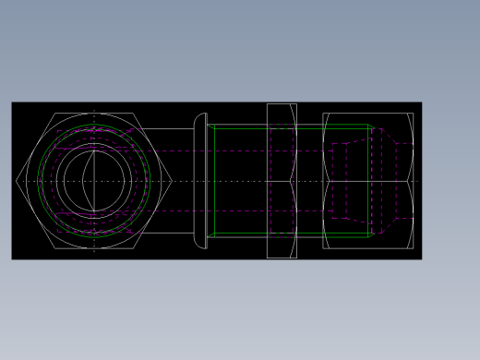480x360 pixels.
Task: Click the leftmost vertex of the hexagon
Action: pos(17,181)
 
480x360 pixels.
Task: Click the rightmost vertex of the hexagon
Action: pos(172,181)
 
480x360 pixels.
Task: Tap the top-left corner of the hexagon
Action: pos(54,114)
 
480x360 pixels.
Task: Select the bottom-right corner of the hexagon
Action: pos(134,249)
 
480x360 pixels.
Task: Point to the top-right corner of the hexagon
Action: pos(134,114)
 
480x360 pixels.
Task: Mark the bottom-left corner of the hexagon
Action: pos(54,249)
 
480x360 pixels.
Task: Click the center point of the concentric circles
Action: pos(94,181)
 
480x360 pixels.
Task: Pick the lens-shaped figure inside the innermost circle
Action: pos(89,181)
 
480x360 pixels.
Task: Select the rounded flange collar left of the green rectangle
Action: pos(200,181)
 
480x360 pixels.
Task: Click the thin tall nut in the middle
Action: pos(282,181)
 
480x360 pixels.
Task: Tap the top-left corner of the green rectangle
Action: pos(213,125)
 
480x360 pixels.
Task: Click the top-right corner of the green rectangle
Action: pos(370,125)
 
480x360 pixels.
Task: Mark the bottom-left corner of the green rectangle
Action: pos(213,234)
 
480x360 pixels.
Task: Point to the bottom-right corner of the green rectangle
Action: pos(370,234)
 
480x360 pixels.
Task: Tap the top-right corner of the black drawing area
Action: pos(421,102)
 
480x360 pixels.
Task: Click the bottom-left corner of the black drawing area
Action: pos(12,258)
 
